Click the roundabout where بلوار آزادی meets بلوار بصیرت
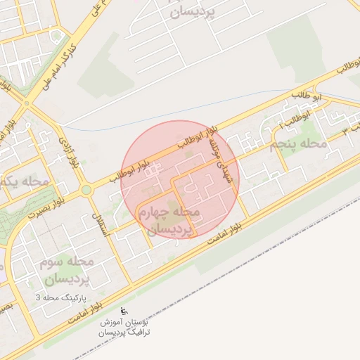pyautogui.click(x=86, y=189)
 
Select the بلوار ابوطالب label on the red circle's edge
pyautogui.click(x=200, y=139)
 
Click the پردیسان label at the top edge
pyautogui.click(x=191, y=12)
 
